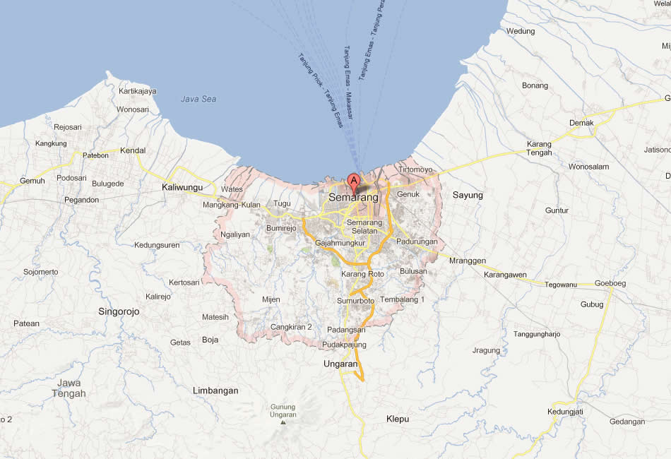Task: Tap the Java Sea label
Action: click(x=198, y=99)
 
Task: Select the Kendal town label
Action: click(x=133, y=150)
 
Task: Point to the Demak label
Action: click(x=582, y=123)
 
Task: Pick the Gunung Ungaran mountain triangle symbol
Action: click(x=283, y=422)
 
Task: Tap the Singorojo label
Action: click(x=119, y=311)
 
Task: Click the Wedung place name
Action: click(x=521, y=31)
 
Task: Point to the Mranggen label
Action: click(x=468, y=261)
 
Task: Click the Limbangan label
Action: click(x=215, y=390)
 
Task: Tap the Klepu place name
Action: click(x=398, y=419)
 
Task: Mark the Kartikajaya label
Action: click(x=138, y=91)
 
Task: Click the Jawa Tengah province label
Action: click(x=69, y=388)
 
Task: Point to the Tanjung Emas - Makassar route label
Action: click(x=348, y=83)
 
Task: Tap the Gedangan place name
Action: click(x=627, y=422)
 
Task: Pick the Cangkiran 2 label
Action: click(x=291, y=327)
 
